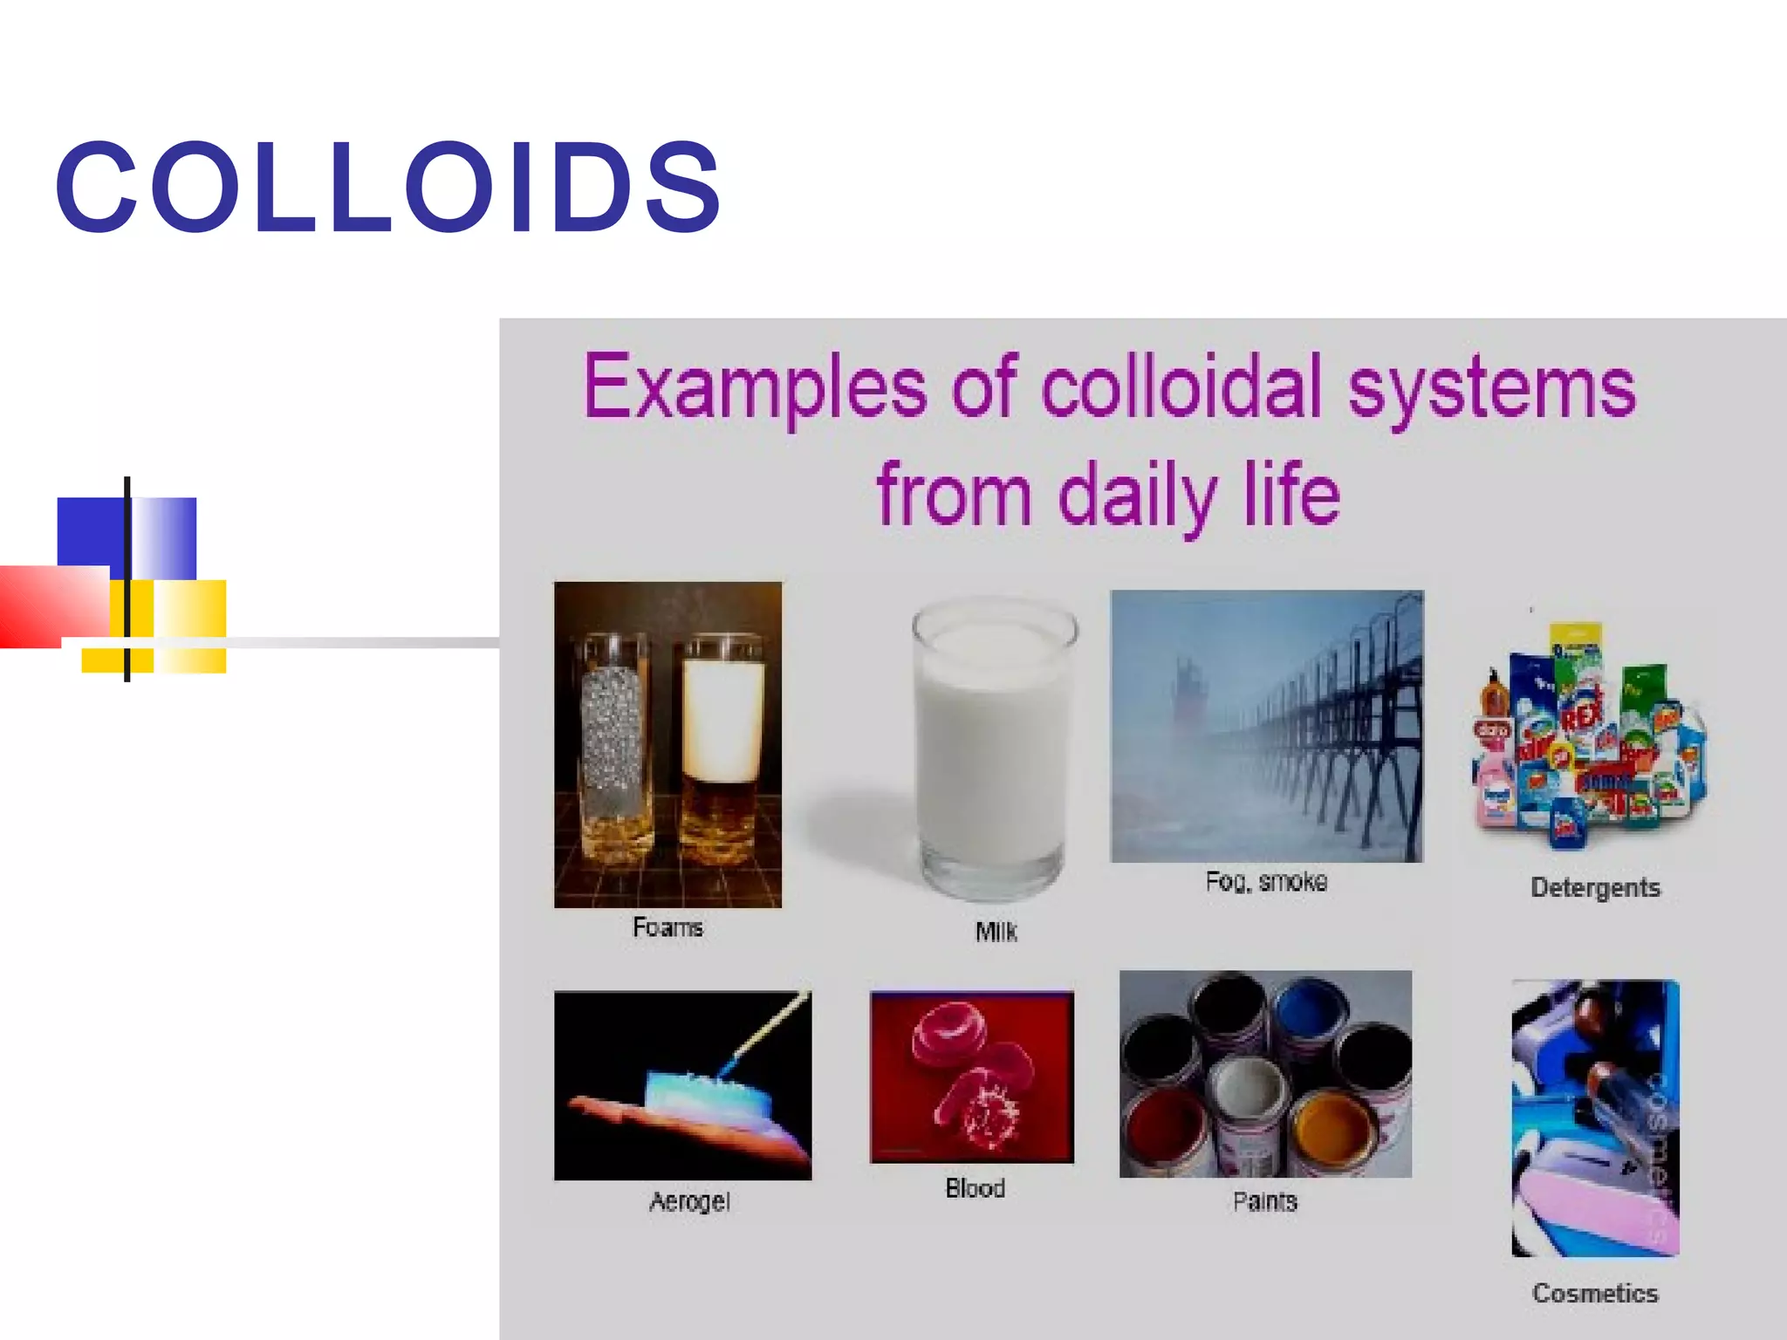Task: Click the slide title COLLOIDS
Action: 388,187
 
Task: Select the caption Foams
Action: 668,926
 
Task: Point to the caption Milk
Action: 996,932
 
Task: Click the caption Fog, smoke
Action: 1266,881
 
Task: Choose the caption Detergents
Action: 1595,887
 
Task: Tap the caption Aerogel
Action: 689,1201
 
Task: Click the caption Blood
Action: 975,1187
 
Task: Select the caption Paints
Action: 1264,1201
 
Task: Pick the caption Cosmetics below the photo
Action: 1595,1293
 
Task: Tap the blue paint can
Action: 1315,1014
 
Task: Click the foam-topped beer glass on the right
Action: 722,750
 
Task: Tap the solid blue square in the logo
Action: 90,532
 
